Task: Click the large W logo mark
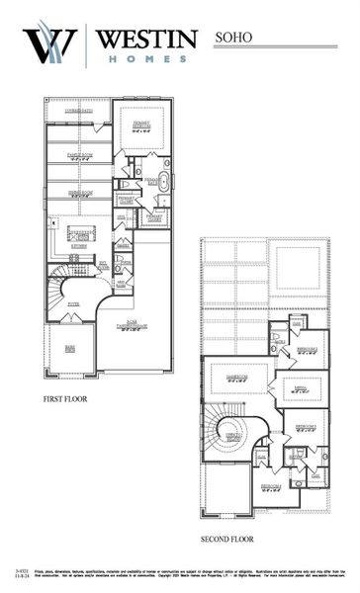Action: pos(49,44)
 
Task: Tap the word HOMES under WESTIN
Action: pos(147,59)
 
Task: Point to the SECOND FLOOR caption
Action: pos(226,540)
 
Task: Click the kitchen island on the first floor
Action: pos(80,233)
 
